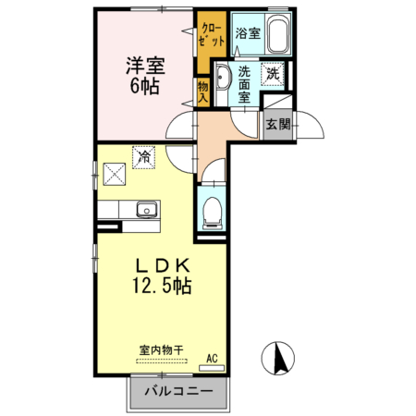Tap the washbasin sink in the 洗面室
pyautogui.click(x=225, y=77)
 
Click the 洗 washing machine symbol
pyautogui.click(x=274, y=74)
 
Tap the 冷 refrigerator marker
pyautogui.click(x=144, y=157)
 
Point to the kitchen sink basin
pyautogui.click(x=145, y=210)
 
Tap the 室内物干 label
pyautogui.click(x=162, y=350)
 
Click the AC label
pyautogui.click(x=212, y=358)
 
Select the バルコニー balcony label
pyautogui.click(x=177, y=392)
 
